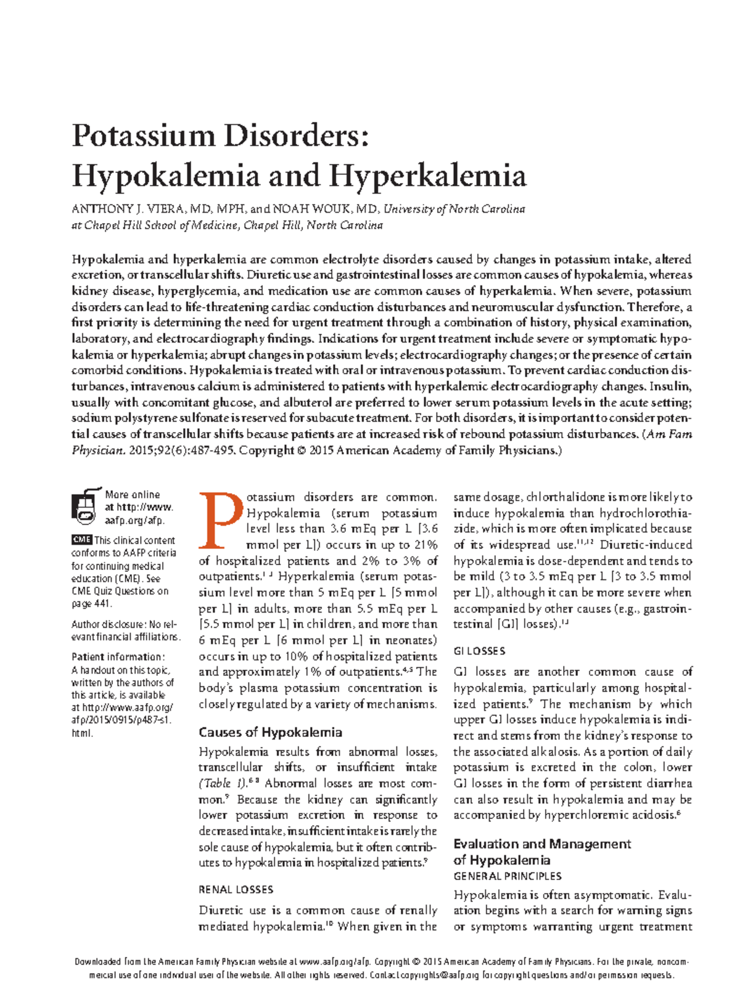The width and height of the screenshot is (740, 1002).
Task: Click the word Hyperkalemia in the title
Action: pyautogui.click(x=428, y=176)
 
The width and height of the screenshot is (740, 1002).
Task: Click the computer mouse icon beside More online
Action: pyautogui.click(x=85, y=507)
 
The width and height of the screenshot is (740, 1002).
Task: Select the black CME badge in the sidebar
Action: pyautogui.click(x=81, y=540)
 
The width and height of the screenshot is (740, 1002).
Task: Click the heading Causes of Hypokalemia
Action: pyautogui.click(x=270, y=733)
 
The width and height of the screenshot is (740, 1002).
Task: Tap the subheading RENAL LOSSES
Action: pyautogui.click(x=236, y=889)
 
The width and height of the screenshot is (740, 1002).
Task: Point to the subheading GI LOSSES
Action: pyautogui.click(x=479, y=651)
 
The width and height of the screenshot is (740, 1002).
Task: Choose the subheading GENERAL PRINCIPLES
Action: pyautogui.click(x=508, y=876)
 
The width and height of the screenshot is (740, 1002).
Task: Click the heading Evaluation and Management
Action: pyautogui.click(x=541, y=844)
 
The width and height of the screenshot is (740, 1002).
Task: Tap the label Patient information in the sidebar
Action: pyautogui.click(x=117, y=657)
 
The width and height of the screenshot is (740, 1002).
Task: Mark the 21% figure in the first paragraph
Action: pyautogui.click(x=425, y=545)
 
